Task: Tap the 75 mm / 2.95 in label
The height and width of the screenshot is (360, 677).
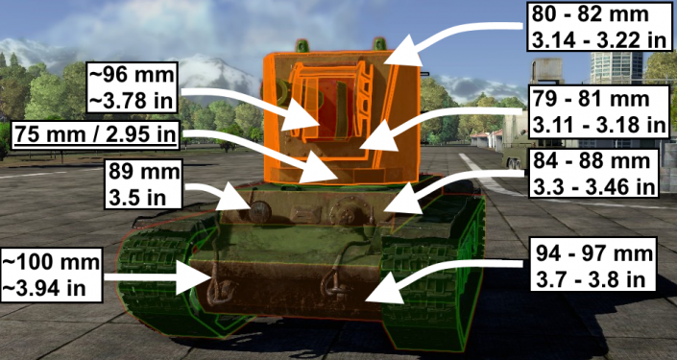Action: [94, 134]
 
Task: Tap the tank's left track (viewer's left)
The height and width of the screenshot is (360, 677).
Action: [154, 278]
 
